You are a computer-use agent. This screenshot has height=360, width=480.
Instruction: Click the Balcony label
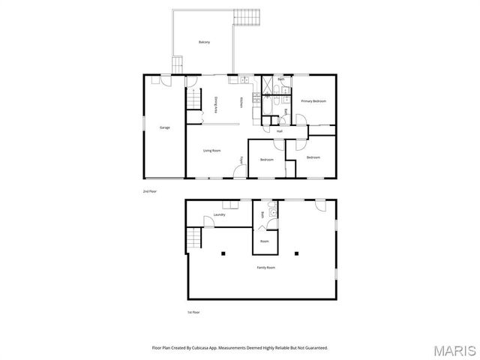[204, 42]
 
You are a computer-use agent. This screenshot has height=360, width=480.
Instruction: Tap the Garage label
[164, 127]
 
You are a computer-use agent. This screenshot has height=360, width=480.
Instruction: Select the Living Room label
[211, 151]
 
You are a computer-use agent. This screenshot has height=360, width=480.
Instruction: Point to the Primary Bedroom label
[313, 100]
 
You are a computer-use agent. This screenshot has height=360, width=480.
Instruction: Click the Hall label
[279, 131]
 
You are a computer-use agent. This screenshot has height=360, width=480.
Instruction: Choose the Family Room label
[265, 267]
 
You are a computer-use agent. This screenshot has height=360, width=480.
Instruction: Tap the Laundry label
[219, 215]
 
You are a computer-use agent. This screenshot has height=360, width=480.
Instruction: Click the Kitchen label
[241, 101]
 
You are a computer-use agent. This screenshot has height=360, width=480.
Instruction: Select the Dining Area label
[217, 104]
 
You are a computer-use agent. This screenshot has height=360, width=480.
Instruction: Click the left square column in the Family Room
[223, 253]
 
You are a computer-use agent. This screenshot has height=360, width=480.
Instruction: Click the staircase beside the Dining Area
[195, 98]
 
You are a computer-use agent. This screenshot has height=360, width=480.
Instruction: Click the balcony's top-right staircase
[247, 16]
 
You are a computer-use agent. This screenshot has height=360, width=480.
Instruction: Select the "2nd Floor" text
[150, 192]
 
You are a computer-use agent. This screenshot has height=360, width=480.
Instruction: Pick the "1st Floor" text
[193, 312]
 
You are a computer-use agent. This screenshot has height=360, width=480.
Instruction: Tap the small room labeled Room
[264, 241]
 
